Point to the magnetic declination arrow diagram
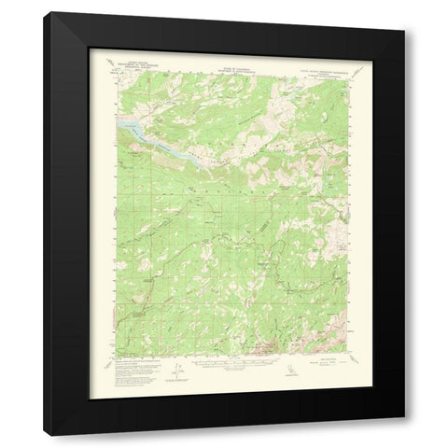tap(184, 367)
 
